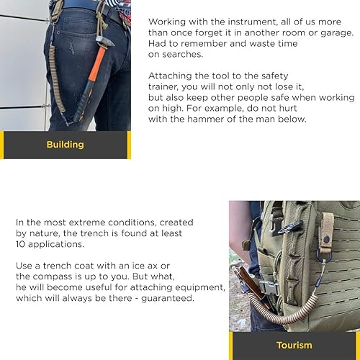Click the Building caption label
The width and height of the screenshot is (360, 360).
[x=66, y=145]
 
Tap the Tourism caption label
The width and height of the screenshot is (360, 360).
[x=294, y=346]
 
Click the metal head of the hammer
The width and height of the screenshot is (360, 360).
[x=105, y=42]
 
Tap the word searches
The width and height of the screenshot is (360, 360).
[x=182, y=54]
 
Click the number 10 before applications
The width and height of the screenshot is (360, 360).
[x=20, y=244]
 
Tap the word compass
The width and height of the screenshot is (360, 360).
[x=53, y=276]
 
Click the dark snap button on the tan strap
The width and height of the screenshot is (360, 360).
[x=326, y=239]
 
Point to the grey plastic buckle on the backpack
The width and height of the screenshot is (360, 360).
[x=269, y=288]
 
